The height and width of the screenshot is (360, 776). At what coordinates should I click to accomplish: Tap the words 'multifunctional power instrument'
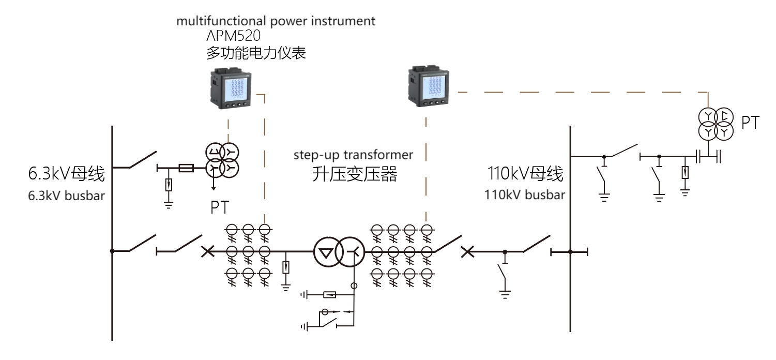(x=276, y=22)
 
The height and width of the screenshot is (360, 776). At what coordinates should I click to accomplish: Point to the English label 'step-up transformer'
(x=354, y=155)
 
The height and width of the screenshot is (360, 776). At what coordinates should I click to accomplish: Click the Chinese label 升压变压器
(x=355, y=174)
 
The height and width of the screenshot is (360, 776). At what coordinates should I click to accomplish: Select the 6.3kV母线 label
(x=67, y=175)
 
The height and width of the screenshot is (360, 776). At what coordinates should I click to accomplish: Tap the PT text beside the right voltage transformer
(x=751, y=123)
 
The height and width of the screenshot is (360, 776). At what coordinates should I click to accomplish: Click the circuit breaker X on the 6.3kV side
(x=207, y=252)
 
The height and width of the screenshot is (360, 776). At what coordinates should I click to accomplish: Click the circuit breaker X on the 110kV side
(x=467, y=252)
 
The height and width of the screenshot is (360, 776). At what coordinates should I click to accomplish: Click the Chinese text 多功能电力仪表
(x=255, y=53)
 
